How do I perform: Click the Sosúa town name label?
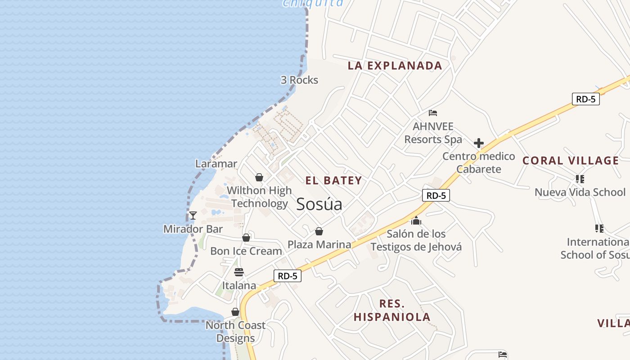(x=319, y=204)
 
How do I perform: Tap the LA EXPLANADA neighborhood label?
(x=395, y=66)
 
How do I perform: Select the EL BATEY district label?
(x=333, y=181)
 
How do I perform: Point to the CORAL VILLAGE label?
(x=571, y=161)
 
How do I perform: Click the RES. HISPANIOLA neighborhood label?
(x=392, y=310)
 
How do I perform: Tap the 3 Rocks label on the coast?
(x=299, y=80)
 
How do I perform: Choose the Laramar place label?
(x=216, y=163)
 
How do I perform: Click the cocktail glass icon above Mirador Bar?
(x=193, y=216)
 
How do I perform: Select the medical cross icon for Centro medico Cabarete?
(x=478, y=144)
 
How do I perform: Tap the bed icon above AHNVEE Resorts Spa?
(x=433, y=113)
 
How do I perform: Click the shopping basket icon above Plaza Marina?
(x=319, y=232)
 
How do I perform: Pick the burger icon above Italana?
(x=239, y=272)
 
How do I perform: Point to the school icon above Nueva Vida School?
(x=580, y=179)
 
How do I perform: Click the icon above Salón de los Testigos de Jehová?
(x=416, y=221)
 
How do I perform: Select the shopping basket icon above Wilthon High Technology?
(x=259, y=177)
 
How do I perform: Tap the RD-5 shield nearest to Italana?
(x=288, y=276)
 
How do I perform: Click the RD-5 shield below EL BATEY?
(x=436, y=195)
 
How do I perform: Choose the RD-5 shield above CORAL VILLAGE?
(x=586, y=99)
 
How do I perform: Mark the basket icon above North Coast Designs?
(x=235, y=312)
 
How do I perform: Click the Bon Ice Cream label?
(x=246, y=251)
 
